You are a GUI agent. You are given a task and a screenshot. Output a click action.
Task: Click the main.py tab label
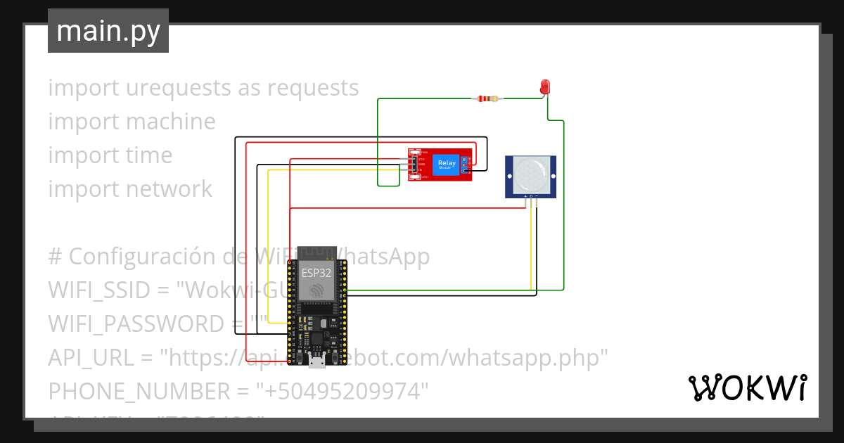[108, 31]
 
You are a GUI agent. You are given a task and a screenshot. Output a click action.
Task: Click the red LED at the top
[545, 87]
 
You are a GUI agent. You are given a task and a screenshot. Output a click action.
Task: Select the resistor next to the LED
[487, 98]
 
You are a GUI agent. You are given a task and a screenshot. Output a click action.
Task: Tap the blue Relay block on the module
[445, 164]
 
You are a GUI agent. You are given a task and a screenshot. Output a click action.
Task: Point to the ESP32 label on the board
[316, 273]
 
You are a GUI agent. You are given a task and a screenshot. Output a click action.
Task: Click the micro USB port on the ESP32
[317, 362]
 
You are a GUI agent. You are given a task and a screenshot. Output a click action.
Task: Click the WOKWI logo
[747, 387]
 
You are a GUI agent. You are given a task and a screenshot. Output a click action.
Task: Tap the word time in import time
[149, 155]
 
